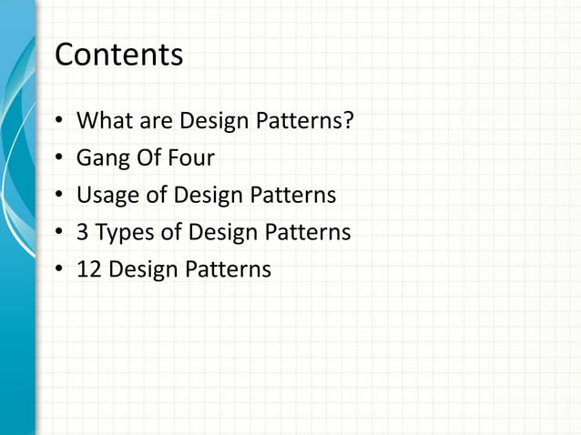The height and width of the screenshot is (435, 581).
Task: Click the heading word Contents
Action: [118, 56]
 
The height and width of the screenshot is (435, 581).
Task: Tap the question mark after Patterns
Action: [348, 121]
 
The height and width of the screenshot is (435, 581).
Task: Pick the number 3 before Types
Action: [83, 233]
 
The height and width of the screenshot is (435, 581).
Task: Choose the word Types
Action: [125, 234]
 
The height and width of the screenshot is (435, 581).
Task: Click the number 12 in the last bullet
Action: [89, 270]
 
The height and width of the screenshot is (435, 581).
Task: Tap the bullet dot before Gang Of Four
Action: [59, 159]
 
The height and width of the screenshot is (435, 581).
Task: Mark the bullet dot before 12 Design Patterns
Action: [59, 270]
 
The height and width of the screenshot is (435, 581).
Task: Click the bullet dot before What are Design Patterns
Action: [59, 122]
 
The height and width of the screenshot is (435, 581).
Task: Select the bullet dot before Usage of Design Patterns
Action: [59, 197]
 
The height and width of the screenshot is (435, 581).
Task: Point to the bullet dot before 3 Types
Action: [59, 234]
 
